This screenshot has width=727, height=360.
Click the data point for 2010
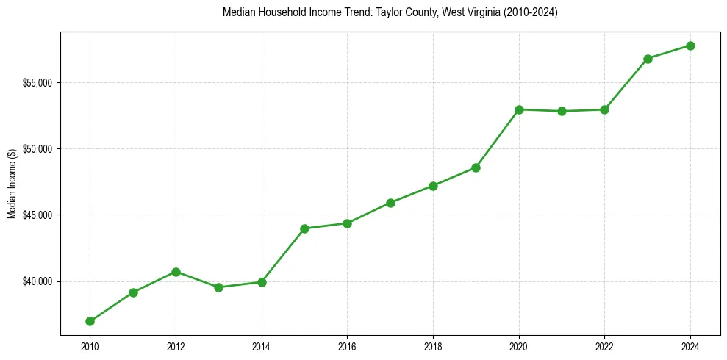pyautogui.click(x=90, y=321)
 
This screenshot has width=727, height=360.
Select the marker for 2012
pyautogui.click(x=176, y=272)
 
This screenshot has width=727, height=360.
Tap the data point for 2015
pyautogui.click(x=304, y=228)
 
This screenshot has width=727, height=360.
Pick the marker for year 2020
pyautogui.click(x=519, y=109)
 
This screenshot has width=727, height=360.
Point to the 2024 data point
pyautogui.click(x=691, y=46)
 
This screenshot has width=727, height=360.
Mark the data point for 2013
pyautogui.click(x=218, y=287)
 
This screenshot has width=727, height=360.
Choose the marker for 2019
pyautogui.click(x=476, y=168)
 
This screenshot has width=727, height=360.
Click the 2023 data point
pyautogui.click(x=648, y=59)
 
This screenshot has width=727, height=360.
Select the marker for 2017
pyautogui.click(x=390, y=203)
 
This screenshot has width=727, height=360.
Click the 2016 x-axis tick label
pyautogui.click(x=347, y=346)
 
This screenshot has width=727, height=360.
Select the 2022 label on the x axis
pyautogui.click(x=605, y=346)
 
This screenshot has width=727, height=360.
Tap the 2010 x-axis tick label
pyautogui.click(x=90, y=346)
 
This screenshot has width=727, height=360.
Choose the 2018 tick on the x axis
pyautogui.click(x=433, y=346)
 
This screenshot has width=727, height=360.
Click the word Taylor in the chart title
pyautogui.click(x=355, y=12)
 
